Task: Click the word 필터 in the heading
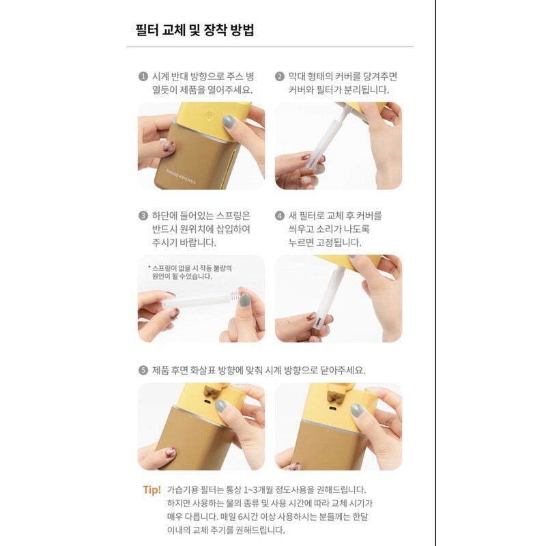tap(147, 30)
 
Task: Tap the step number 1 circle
tap(143, 76)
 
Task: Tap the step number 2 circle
tap(280, 76)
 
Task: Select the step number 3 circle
tap(143, 216)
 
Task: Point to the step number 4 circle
tap(280, 216)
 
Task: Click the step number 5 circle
tap(143, 370)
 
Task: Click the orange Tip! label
tap(152, 490)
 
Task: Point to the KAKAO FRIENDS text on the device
tap(181, 176)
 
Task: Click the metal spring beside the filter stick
tap(235, 296)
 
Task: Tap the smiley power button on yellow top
tap(209, 115)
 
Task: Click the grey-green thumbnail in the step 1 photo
tap(229, 121)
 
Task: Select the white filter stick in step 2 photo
tap(322, 143)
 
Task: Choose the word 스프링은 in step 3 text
tap(233, 216)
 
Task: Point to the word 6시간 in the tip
tap(248, 517)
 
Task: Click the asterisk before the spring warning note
tap(149, 268)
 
